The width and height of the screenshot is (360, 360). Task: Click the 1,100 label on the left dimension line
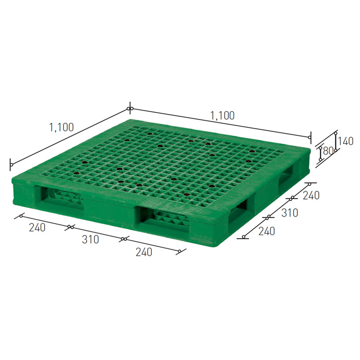pyautogui.click(x=62, y=128)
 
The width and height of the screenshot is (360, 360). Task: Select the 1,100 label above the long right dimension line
pyautogui.click(x=223, y=116)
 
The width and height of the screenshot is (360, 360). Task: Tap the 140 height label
pyautogui.click(x=345, y=141)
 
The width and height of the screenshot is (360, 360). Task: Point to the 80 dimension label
pyautogui.click(x=328, y=151)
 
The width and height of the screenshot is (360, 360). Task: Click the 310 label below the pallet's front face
pyautogui.click(x=91, y=240)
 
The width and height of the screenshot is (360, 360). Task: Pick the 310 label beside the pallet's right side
pyautogui.click(x=290, y=213)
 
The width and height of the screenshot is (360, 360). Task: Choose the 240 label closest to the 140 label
pyautogui.click(x=311, y=195)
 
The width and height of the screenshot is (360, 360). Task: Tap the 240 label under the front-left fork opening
pyautogui.click(x=37, y=227)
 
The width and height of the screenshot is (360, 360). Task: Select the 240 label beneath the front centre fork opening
pyautogui.click(x=144, y=252)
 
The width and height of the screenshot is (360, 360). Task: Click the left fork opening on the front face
pyautogui.click(x=60, y=198)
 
